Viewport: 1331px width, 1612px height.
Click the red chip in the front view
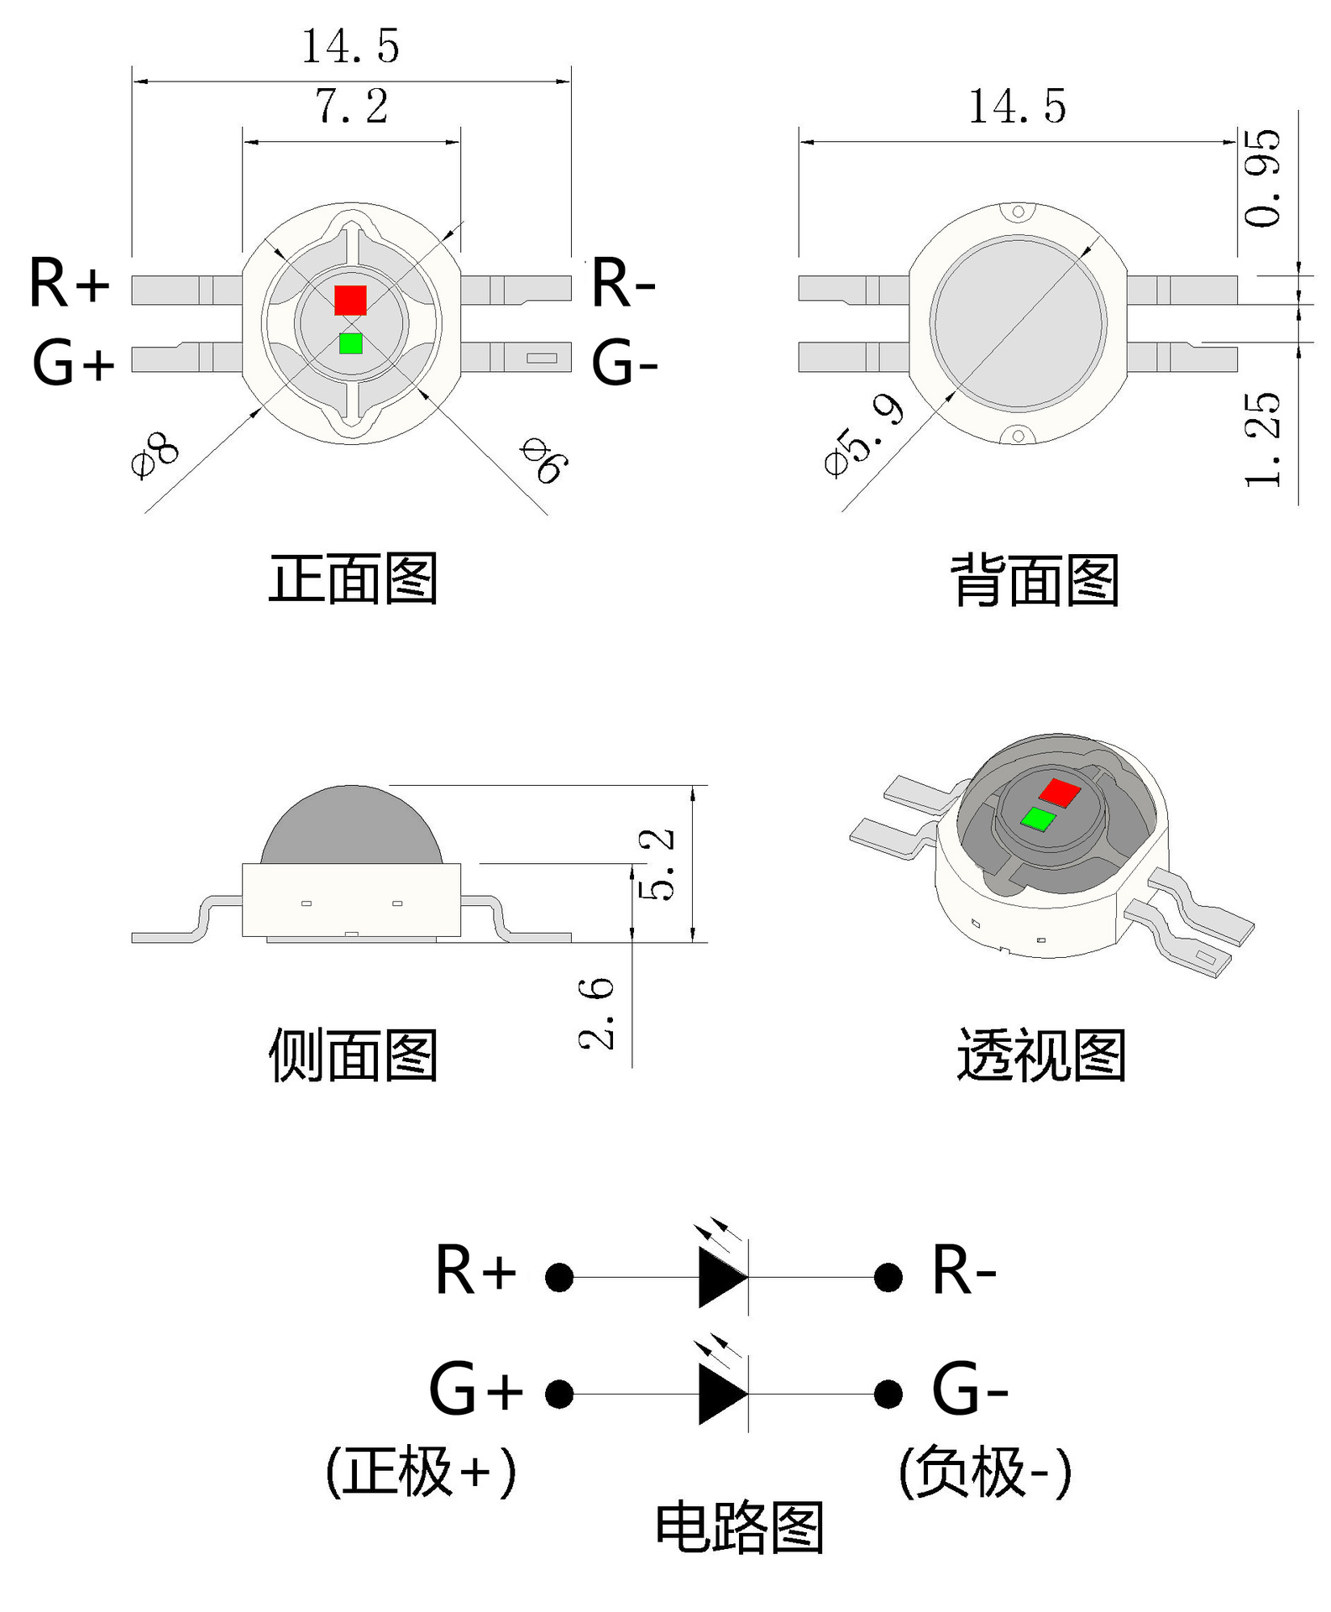[350, 300]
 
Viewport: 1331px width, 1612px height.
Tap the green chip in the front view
[351, 343]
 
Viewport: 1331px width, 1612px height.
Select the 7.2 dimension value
[352, 107]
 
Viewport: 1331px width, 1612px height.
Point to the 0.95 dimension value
[1263, 178]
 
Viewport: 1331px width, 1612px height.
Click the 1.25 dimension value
[1263, 439]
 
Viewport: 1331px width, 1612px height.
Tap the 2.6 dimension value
[596, 1013]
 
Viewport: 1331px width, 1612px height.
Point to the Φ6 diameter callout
[544, 460]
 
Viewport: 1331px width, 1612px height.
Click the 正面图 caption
[353, 578]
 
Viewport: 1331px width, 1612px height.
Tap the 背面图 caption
[1035, 580]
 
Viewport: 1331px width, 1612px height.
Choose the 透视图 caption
[1040, 1055]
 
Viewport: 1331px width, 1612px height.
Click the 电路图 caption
[739, 1527]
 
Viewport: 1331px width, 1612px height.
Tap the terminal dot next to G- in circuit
[888, 1395]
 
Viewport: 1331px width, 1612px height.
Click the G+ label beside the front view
[73, 364]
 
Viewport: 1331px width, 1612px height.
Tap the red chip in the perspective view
[1059, 792]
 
